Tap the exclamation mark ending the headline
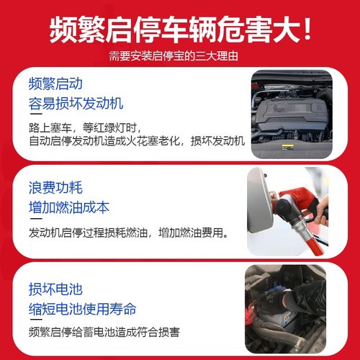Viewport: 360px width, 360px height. click(x=307, y=30)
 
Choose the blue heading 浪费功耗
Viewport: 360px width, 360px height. click(x=55, y=189)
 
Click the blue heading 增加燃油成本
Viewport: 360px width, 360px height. click(x=70, y=208)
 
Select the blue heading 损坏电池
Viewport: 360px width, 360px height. click(x=55, y=290)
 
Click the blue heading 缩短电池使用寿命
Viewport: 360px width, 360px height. click(x=83, y=310)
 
